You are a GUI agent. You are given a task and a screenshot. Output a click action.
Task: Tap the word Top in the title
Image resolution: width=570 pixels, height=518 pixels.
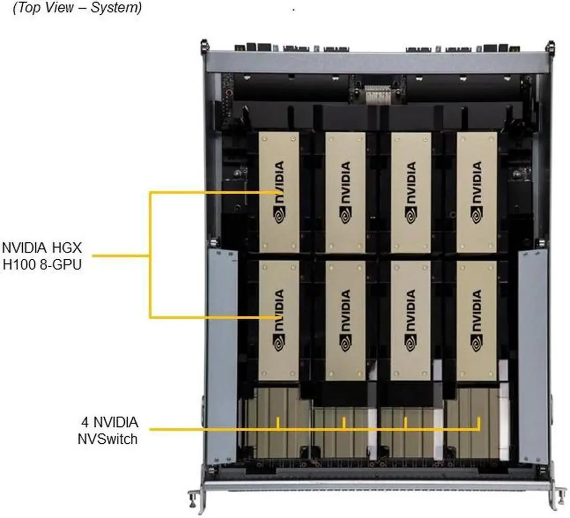[29, 8]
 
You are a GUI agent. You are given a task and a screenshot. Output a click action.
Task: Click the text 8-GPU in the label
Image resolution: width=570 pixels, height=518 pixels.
[61, 265]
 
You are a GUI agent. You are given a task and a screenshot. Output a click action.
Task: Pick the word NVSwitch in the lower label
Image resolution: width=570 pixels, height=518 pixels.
[107, 439]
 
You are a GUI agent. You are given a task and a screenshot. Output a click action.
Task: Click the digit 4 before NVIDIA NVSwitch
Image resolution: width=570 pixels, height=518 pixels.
[85, 422]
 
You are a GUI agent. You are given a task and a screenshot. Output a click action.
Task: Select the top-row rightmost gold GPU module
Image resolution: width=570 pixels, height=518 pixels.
[476, 192]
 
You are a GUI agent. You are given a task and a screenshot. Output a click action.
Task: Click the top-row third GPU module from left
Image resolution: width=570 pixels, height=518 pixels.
[411, 192]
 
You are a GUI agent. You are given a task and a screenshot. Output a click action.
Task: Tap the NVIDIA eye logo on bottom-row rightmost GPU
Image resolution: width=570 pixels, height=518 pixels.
[476, 344]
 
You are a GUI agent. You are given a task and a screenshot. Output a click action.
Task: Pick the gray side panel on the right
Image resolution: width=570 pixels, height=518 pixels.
[533, 356]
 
